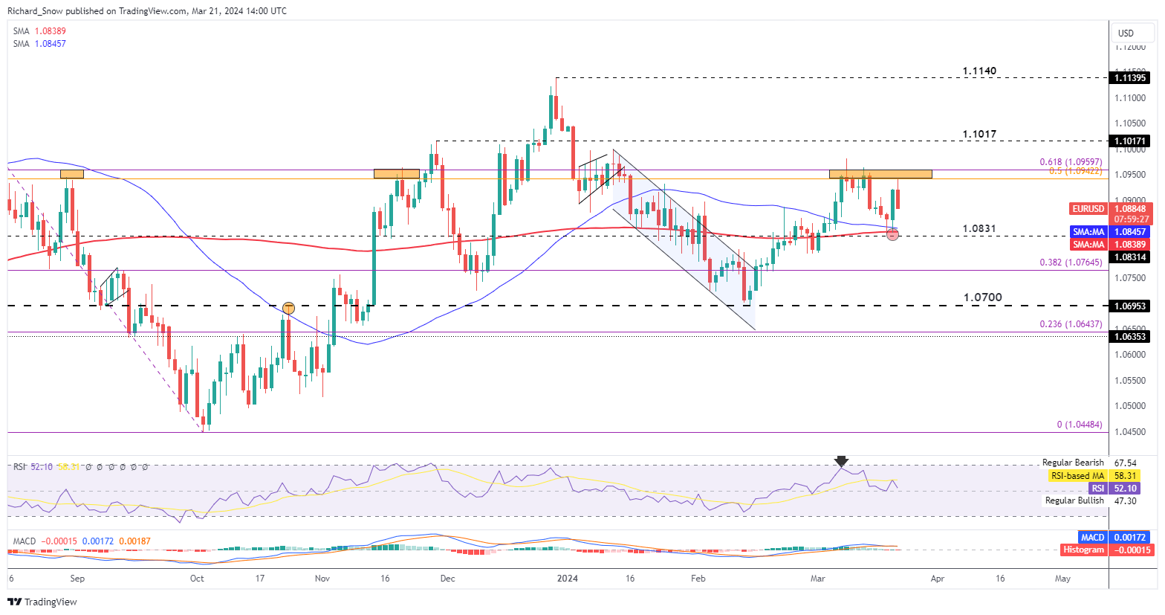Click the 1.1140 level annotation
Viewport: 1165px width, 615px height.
pyautogui.click(x=979, y=71)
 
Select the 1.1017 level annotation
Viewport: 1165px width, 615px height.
pyautogui.click(x=979, y=135)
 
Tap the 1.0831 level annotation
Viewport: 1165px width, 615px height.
pyautogui.click(x=979, y=228)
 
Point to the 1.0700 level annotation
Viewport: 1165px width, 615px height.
pyautogui.click(x=982, y=297)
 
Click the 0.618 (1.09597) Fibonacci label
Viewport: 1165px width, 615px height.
pyautogui.click(x=1070, y=161)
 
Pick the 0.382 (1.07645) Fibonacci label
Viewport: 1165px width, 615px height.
pyautogui.click(x=1070, y=263)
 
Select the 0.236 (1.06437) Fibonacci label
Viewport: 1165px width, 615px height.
pyautogui.click(x=1070, y=324)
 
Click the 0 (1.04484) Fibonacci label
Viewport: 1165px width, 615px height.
pyautogui.click(x=1079, y=425)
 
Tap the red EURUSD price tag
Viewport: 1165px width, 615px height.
pyautogui.click(x=1088, y=209)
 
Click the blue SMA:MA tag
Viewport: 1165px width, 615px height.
pyautogui.click(x=1088, y=232)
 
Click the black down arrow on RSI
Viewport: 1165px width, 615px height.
pyautogui.click(x=841, y=461)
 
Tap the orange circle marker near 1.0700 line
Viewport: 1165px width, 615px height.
pyautogui.click(x=288, y=308)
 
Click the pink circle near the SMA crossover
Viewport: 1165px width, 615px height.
pyautogui.click(x=893, y=235)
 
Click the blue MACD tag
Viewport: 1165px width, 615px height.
pyautogui.click(x=1092, y=537)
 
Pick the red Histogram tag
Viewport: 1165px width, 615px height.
pyautogui.click(x=1083, y=550)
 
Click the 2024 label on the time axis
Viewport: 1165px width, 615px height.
pyautogui.click(x=568, y=578)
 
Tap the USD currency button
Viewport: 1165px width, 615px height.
pyautogui.click(x=1126, y=33)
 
